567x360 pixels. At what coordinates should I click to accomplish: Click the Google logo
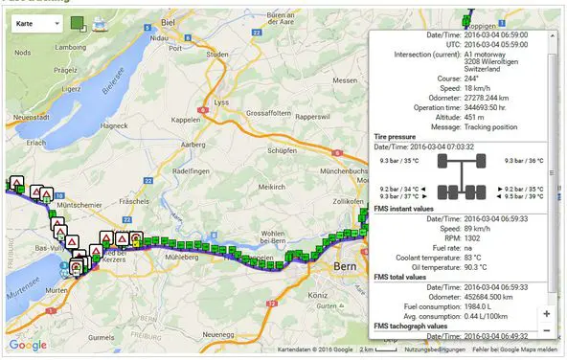(28, 345)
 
